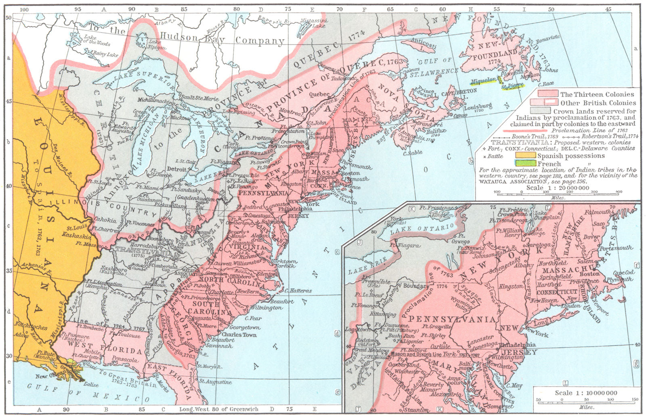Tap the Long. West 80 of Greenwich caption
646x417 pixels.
point(218,409)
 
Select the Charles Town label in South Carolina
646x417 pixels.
point(239,334)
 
